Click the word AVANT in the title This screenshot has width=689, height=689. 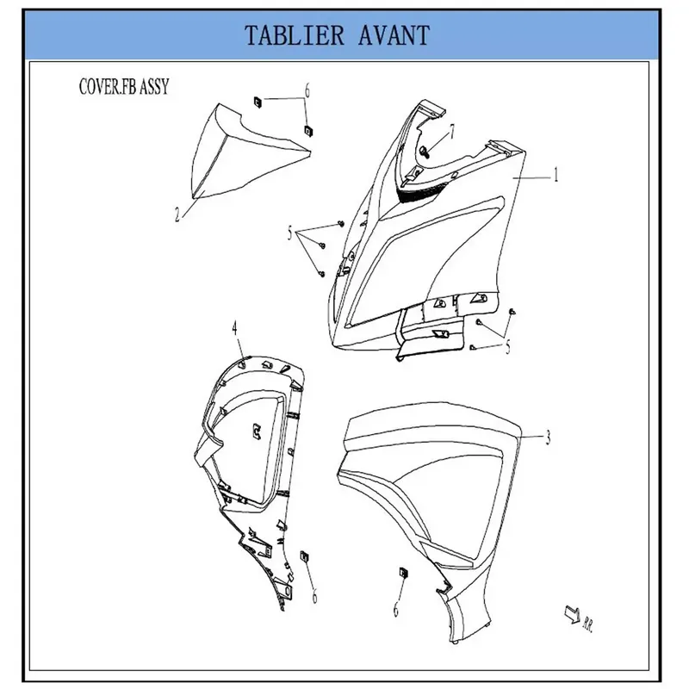point(394,35)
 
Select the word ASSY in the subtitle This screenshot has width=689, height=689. point(154,87)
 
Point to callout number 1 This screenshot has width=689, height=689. point(556,175)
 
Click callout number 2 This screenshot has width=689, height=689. point(177,214)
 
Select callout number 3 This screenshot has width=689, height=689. point(548,438)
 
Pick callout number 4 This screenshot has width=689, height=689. point(234,328)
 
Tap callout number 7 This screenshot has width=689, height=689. point(451,132)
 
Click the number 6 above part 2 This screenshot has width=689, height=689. point(307,91)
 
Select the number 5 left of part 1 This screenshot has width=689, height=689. point(289,233)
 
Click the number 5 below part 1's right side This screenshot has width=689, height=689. point(508,347)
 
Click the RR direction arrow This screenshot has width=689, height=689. point(573,614)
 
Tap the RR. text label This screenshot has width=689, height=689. point(588,624)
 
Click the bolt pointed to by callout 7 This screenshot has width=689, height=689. point(425,152)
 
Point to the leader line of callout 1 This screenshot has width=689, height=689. point(531,177)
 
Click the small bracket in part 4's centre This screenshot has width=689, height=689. point(256,431)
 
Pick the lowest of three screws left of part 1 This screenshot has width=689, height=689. point(321,274)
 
